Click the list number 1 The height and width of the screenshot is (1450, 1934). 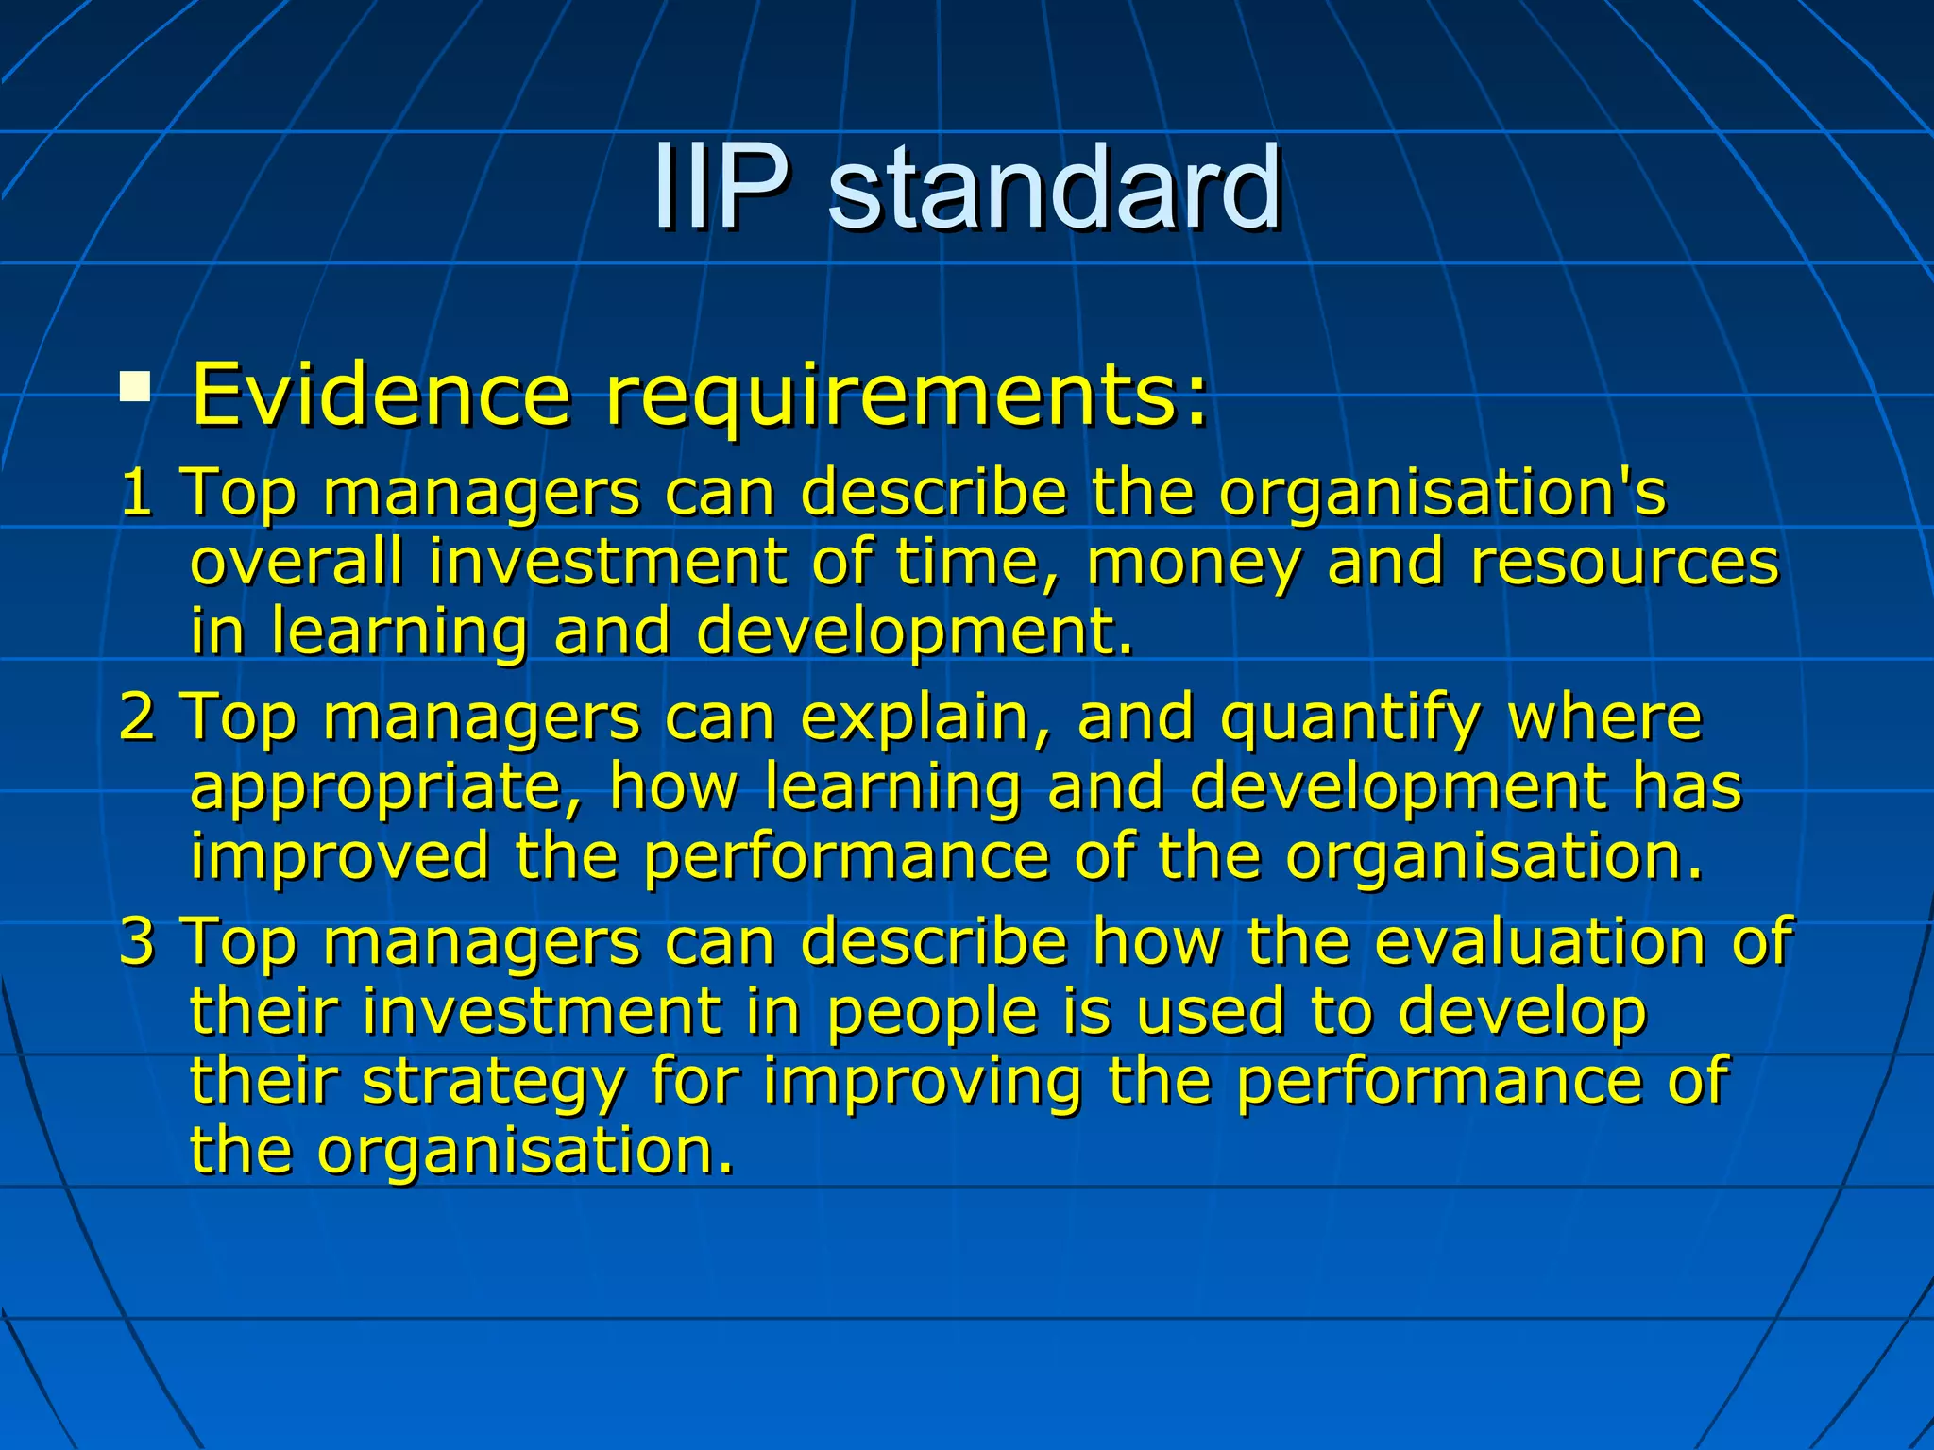[137, 492]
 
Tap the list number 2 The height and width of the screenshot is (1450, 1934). [137, 717]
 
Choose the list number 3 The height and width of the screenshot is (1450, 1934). [137, 941]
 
